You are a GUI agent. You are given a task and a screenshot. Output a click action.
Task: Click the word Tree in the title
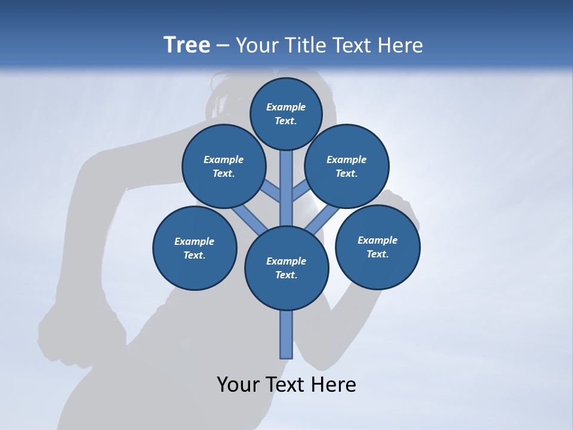pos(187,45)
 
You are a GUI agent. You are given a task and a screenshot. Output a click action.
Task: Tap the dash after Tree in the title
pos(223,46)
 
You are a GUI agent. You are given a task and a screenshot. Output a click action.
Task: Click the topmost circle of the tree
pos(286,113)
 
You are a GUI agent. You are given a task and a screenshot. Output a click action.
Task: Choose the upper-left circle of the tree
pos(224,166)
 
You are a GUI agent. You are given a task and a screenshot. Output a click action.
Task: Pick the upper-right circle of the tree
pos(347,166)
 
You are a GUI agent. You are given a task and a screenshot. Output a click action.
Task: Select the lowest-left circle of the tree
pos(195,248)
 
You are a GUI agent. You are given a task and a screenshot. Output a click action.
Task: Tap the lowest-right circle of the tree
pos(377,247)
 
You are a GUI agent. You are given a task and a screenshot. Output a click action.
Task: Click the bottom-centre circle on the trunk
pos(286,268)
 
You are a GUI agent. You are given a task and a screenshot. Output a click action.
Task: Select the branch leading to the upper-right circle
pos(300,192)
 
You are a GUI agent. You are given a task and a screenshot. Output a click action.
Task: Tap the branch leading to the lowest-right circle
pos(322,220)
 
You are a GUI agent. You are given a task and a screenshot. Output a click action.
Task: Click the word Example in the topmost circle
pos(286,107)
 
